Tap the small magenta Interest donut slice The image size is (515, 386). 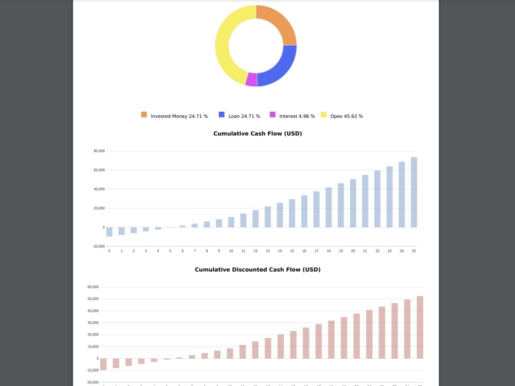(x=251, y=80)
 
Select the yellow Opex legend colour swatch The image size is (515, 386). (x=324, y=115)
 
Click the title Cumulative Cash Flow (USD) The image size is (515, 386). (x=257, y=134)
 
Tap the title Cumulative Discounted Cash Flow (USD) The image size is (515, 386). (x=257, y=270)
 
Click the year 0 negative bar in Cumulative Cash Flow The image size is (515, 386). (x=109, y=232)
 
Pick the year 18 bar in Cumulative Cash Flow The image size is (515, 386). (x=329, y=207)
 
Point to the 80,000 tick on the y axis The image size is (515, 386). (x=99, y=151)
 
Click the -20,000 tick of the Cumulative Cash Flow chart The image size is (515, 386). (x=98, y=247)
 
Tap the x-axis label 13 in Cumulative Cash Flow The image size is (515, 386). (x=268, y=251)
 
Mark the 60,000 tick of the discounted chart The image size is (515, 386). (x=92, y=287)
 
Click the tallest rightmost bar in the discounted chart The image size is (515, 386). (x=420, y=327)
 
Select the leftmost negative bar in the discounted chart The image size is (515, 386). (x=103, y=364)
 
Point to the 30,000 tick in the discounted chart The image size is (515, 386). (x=92, y=323)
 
